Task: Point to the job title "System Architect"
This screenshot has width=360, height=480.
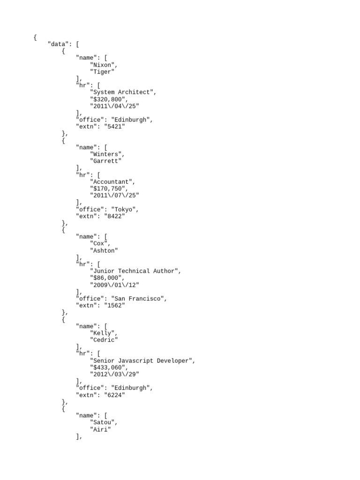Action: pyautogui.click(x=123, y=92)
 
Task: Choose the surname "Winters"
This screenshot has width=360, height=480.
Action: pyautogui.click(x=107, y=154)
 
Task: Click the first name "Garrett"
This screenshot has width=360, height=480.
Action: pyautogui.click(x=105, y=161)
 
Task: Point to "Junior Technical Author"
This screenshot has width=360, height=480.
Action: pyautogui.click(x=135, y=271)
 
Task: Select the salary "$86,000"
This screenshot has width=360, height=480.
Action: pyautogui.click(x=107, y=278)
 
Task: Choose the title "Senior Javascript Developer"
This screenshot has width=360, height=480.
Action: pyautogui.click(x=142, y=360)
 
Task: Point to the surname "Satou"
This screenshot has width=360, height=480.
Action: pyautogui.click(x=104, y=422)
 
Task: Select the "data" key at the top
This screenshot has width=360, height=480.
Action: pyautogui.click(x=60, y=45)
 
